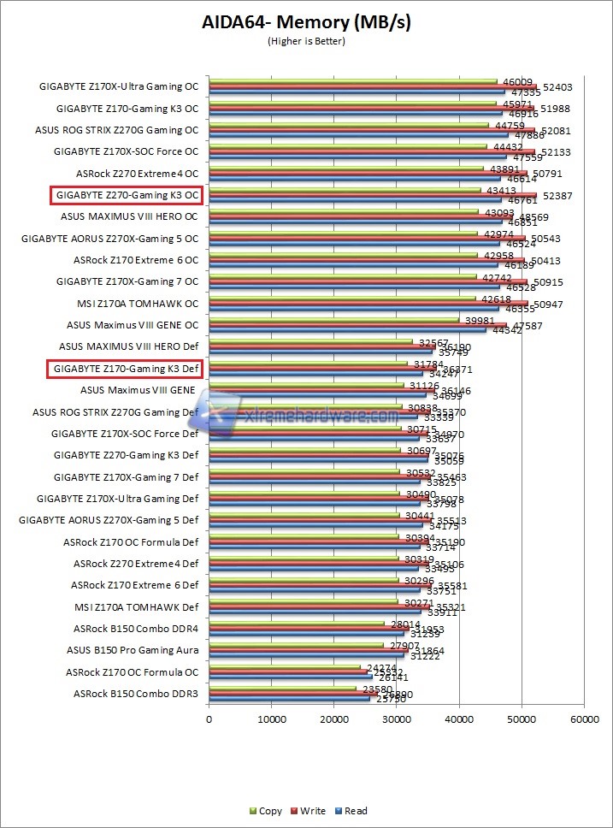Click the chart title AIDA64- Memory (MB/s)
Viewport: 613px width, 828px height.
coord(305,22)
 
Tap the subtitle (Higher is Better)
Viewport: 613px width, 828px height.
coord(305,41)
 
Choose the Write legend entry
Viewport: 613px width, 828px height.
coord(309,810)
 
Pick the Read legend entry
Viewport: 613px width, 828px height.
coord(351,810)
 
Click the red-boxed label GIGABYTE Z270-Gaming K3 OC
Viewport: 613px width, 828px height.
coord(127,195)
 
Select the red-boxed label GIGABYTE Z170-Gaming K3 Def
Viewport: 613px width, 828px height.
coord(125,369)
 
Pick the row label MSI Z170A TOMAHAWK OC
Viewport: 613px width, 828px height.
coord(138,304)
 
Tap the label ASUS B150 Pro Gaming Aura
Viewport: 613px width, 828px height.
coord(133,649)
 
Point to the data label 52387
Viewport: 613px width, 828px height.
coord(557,196)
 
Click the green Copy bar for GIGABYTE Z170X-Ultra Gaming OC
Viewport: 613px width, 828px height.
coord(353,81)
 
